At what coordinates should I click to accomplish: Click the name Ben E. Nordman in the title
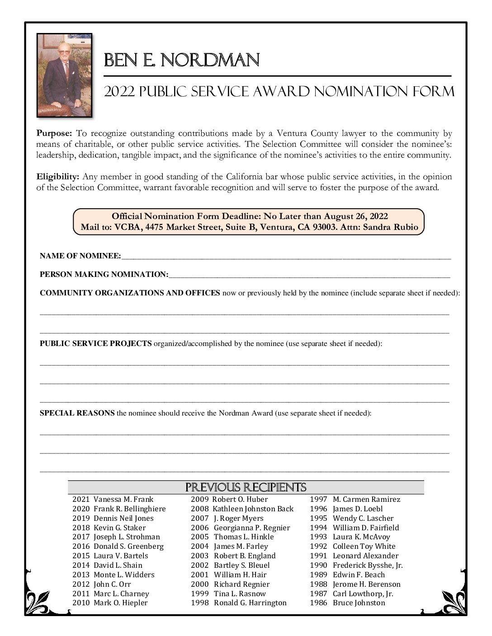tap(182, 60)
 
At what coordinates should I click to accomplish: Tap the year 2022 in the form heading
tap(120, 92)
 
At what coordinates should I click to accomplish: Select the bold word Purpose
tap(54, 133)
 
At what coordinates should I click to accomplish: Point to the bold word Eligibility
tap(58, 177)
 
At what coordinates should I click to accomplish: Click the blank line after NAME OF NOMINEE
tap(286, 257)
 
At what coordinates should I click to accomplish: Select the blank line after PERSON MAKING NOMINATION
tap(309, 275)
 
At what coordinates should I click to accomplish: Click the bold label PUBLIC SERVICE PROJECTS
tap(95, 344)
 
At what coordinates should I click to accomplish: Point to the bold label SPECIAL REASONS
tap(77, 413)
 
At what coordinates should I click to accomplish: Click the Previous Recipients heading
tap(246, 487)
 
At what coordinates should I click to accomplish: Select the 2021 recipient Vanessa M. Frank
tap(123, 500)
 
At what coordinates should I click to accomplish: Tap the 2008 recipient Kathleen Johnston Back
tap(253, 509)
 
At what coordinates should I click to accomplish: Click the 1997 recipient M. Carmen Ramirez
tap(366, 500)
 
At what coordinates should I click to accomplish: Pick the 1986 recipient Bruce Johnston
tap(359, 603)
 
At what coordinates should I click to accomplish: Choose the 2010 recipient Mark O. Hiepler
tap(120, 603)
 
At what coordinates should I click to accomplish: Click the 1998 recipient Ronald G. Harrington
tap(250, 603)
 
